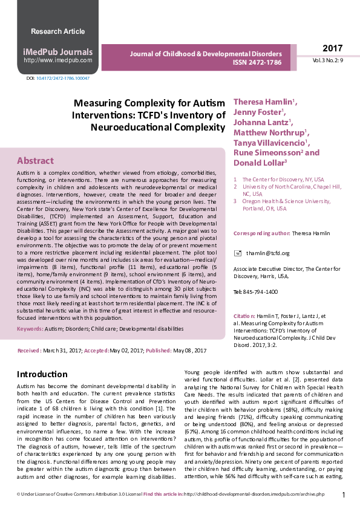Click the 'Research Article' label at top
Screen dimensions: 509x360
[58, 31]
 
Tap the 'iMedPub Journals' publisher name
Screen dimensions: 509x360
[58, 51]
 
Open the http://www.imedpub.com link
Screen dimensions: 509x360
[58, 60]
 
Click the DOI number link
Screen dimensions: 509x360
[63, 79]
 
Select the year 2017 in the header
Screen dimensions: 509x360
[332, 48]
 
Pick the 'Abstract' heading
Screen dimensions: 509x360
[35, 161]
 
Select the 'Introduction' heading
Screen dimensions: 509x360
[42, 374]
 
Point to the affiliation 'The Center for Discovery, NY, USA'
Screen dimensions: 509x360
[283, 180]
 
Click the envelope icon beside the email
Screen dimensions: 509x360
[238, 253]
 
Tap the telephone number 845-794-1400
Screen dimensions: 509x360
[260, 291]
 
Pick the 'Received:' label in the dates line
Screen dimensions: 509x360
[29, 351]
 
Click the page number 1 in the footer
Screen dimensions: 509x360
[344, 495]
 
